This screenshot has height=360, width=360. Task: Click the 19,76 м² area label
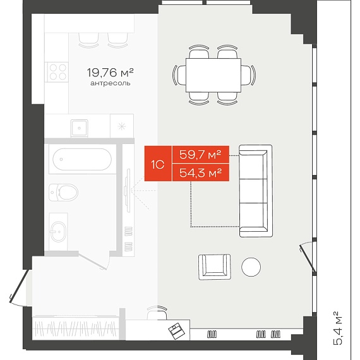pyautogui.click(x=110, y=73)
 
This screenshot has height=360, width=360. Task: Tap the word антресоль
pyautogui.click(x=111, y=83)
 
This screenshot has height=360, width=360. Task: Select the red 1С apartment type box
pyautogui.click(x=158, y=164)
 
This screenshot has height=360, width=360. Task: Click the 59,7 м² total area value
pyautogui.click(x=200, y=155)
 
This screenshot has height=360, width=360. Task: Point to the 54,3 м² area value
pyautogui.click(x=200, y=172)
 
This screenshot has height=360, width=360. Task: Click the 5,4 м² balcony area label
pyautogui.click(x=338, y=328)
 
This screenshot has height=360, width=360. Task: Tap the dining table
pyautogui.click(x=213, y=75)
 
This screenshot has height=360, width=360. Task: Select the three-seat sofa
pyautogui.click(x=256, y=191)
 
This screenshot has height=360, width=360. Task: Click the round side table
pyautogui.click(x=251, y=267)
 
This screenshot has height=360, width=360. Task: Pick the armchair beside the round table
pyautogui.click(x=215, y=267)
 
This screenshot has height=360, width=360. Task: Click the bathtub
pyautogui.click(x=82, y=159)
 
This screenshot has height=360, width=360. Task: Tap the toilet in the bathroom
pyautogui.click(x=63, y=192)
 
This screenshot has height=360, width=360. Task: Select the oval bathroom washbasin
pyautogui.click(x=58, y=232)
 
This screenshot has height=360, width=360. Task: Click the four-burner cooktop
pyautogui.click(x=57, y=72)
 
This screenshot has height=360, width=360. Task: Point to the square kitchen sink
pyautogui.click(x=79, y=128)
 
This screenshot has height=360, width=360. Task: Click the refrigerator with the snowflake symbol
pyautogui.click(x=122, y=126)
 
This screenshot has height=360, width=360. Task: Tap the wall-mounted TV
pyautogui.click(x=128, y=191)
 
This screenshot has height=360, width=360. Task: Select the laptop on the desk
pyautogui.click(x=176, y=330)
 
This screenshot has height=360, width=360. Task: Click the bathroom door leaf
pyautogui.click(x=92, y=260)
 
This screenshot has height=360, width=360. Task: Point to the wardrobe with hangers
pyautogui.click(x=76, y=328)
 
